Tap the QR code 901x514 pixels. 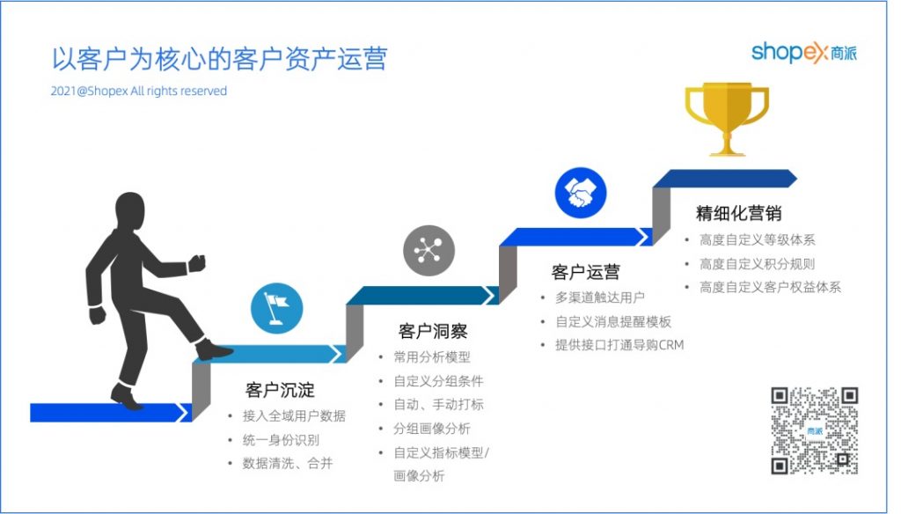pyautogui.click(x=815, y=430)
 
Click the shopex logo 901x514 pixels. pyautogui.click(x=804, y=52)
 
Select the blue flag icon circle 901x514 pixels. pyautogui.click(x=276, y=308)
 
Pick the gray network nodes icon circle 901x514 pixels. pyautogui.click(x=429, y=251)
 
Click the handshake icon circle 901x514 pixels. pyautogui.click(x=581, y=193)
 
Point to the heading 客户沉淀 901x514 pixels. pyautogui.click(x=280, y=390)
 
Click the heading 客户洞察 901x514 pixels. pyautogui.click(x=433, y=331)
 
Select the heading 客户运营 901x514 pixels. pyautogui.click(x=585, y=271)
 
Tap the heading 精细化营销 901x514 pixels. pyautogui.click(x=738, y=213)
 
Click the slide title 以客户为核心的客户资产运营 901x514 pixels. pyautogui.click(x=219, y=59)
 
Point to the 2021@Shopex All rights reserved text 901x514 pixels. pyautogui.click(x=138, y=91)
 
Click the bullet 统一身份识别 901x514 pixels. pyautogui.click(x=281, y=440)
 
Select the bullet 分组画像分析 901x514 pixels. pyautogui.click(x=432, y=429)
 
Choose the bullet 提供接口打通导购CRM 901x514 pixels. pyautogui.click(x=619, y=345)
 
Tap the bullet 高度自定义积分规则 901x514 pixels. pyautogui.click(x=757, y=264)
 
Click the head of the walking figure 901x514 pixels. pyautogui.click(x=130, y=211)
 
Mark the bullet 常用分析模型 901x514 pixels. pyautogui.click(x=432, y=357)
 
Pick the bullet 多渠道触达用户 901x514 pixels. pyautogui.click(x=600, y=297)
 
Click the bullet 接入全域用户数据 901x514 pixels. pyautogui.click(x=294, y=415)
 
